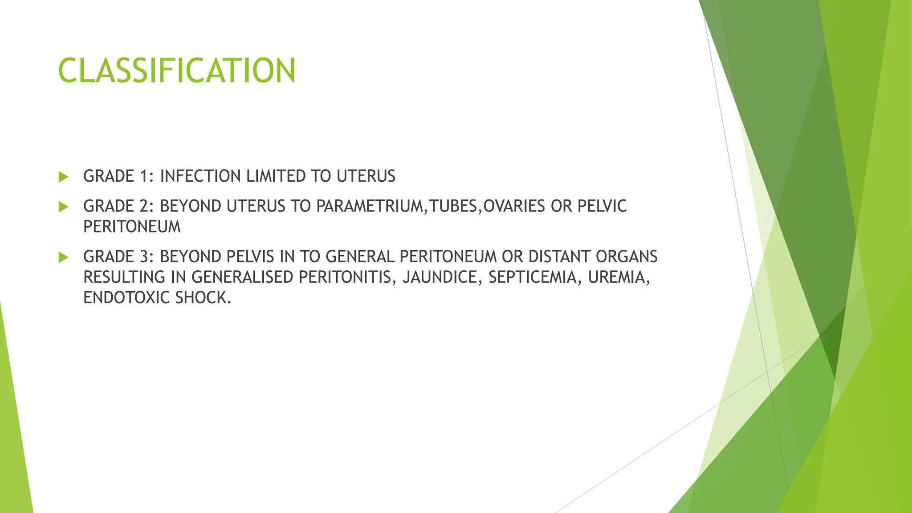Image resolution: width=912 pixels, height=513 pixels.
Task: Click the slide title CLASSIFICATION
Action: coord(176,70)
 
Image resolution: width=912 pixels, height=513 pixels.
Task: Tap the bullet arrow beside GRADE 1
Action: coord(63,177)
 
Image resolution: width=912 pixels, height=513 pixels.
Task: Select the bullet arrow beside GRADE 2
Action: coord(63,207)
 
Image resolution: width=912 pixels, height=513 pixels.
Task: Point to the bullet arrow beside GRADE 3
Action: coord(63,257)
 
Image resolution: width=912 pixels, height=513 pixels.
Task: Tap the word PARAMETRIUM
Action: coord(369,206)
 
